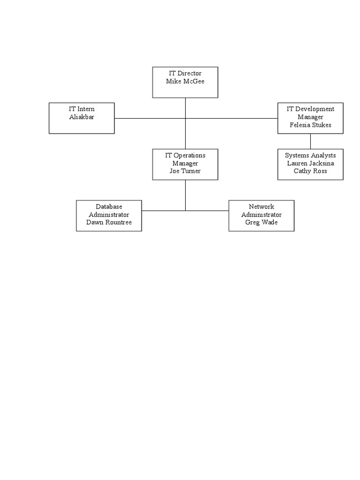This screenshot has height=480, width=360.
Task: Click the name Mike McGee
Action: (x=185, y=81)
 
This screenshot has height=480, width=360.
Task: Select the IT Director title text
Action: (x=185, y=73)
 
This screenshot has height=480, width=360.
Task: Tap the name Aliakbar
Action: (x=82, y=117)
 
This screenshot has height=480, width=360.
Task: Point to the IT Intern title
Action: (x=82, y=109)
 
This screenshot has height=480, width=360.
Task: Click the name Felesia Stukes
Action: (x=310, y=125)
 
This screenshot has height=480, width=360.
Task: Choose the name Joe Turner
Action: (x=185, y=171)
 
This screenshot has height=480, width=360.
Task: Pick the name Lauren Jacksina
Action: (x=310, y=163)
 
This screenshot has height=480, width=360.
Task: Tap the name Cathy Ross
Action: (x=310, y=171)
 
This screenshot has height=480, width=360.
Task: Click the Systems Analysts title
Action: (x=310, y=155)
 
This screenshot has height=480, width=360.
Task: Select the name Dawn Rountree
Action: (x=109, y=222)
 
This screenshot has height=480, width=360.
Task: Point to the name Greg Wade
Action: (x=262, y=222)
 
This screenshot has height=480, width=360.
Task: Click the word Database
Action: (x=109, y=206)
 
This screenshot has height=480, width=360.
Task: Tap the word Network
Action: (x=262, y=206)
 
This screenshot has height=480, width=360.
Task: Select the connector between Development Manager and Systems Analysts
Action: (x=310, y=141)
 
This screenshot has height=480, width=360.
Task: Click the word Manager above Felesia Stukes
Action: (x=310, y=117)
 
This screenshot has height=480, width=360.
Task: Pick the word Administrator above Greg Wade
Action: (x=262, y=214)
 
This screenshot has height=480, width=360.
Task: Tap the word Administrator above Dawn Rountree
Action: (x=109, y=214)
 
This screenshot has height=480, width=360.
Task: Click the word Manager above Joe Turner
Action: (x=185, y=163)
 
